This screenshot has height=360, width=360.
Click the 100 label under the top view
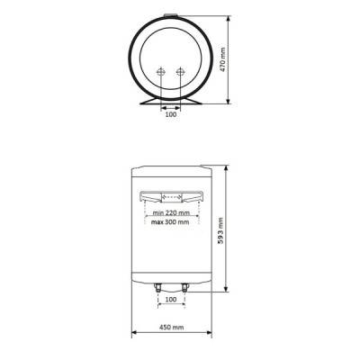(x=170, y=115)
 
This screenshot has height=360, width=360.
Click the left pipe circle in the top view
(x=160, y=73)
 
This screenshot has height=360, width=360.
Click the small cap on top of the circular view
(x=170, y=15)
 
